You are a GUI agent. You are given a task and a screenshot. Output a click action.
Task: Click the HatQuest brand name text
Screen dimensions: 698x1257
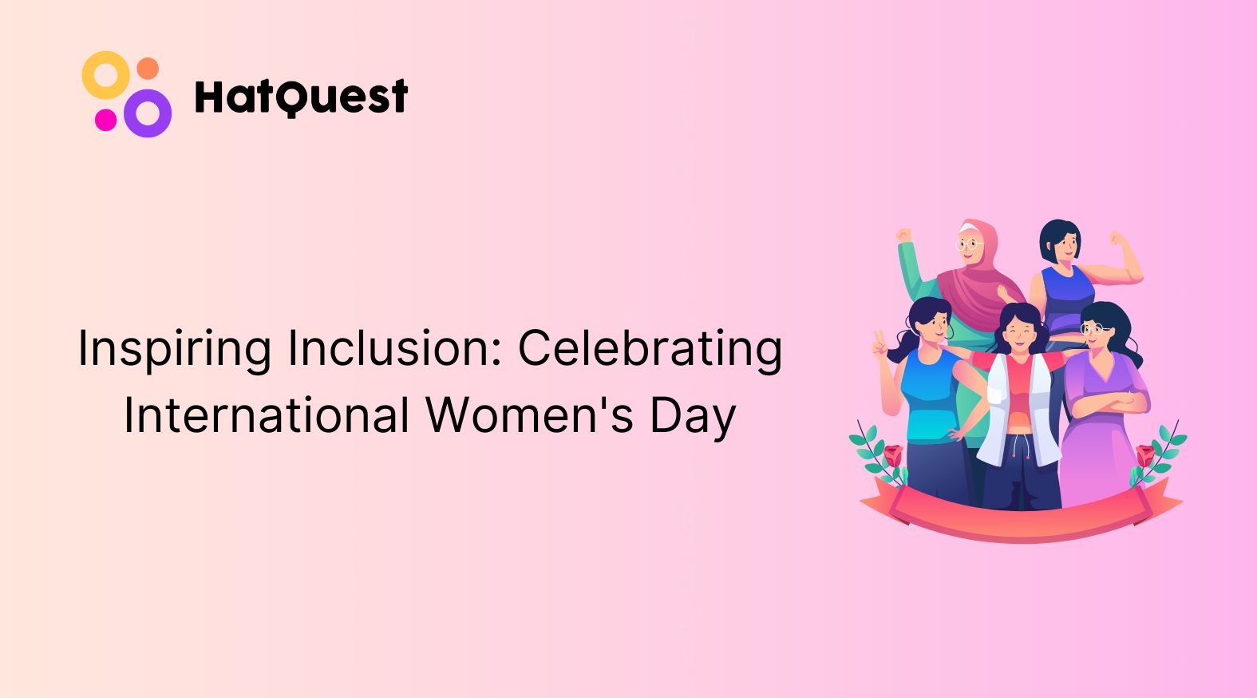(x=301, y=97)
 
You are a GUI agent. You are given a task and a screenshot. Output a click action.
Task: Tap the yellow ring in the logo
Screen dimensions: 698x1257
(x=105, y=75)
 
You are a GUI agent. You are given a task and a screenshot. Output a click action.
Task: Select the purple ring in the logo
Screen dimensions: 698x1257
(x=148, y=113)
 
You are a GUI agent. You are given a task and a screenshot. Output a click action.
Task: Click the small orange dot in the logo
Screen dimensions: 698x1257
(x=148, y=68)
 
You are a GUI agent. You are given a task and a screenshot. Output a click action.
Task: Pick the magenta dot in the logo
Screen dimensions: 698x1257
(x=105, y=120)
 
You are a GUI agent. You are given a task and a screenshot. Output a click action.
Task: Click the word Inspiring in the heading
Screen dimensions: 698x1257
(x=175, y=350)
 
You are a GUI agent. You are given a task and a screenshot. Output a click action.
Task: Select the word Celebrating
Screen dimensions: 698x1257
(x=650, y=348)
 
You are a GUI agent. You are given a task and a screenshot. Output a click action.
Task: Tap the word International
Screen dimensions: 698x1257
(x=267, y=416)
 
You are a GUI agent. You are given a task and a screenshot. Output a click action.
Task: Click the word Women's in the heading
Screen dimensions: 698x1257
(x=529, y=416)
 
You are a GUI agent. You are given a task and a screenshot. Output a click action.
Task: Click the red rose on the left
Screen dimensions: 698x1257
(x=892, y=455)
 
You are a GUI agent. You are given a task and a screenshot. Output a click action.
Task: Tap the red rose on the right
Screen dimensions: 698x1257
(x=1145, y=455)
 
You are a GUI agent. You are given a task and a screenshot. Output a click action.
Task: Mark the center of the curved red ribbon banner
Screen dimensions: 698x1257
(x=1022, y=519)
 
